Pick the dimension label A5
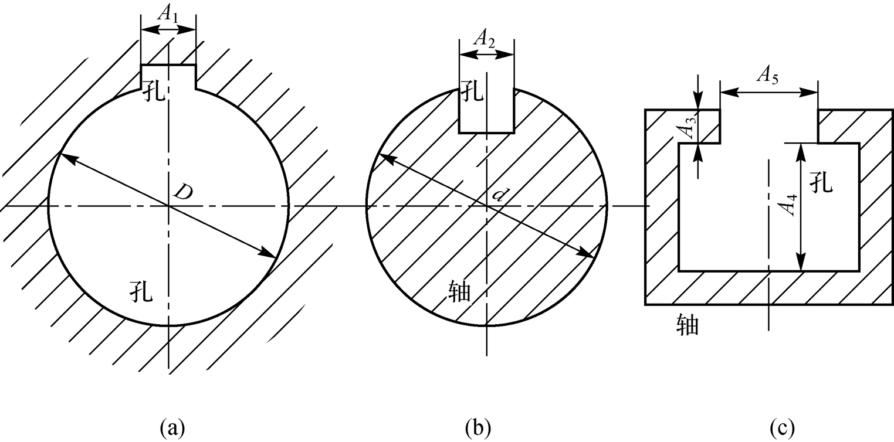[x=767, y=76]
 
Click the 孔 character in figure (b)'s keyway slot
[x=472, y=91]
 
